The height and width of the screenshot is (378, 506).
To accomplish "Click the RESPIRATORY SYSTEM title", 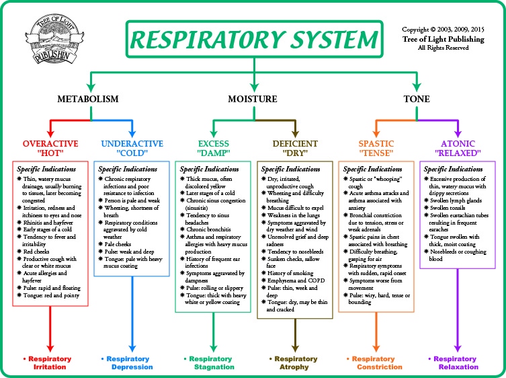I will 253,40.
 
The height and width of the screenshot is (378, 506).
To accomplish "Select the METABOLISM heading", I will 87,99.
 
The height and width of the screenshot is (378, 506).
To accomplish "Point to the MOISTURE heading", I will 253,99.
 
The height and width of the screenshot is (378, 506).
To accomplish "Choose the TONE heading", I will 417,99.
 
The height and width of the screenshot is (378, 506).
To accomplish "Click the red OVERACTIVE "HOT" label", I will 50,148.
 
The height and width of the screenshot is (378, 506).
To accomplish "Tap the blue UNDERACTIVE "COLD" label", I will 132,148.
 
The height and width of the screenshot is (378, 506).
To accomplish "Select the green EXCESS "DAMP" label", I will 214,148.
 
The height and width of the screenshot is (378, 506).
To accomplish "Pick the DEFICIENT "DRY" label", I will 295,148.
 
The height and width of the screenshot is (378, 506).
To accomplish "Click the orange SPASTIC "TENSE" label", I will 376,148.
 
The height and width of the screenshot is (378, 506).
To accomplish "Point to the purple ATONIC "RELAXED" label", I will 458,148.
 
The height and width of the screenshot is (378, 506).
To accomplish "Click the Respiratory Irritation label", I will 50,363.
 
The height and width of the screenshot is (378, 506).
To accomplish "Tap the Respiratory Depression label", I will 132,363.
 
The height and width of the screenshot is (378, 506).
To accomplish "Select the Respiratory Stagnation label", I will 213,363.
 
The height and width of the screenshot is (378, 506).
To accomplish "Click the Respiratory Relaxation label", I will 458,363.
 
